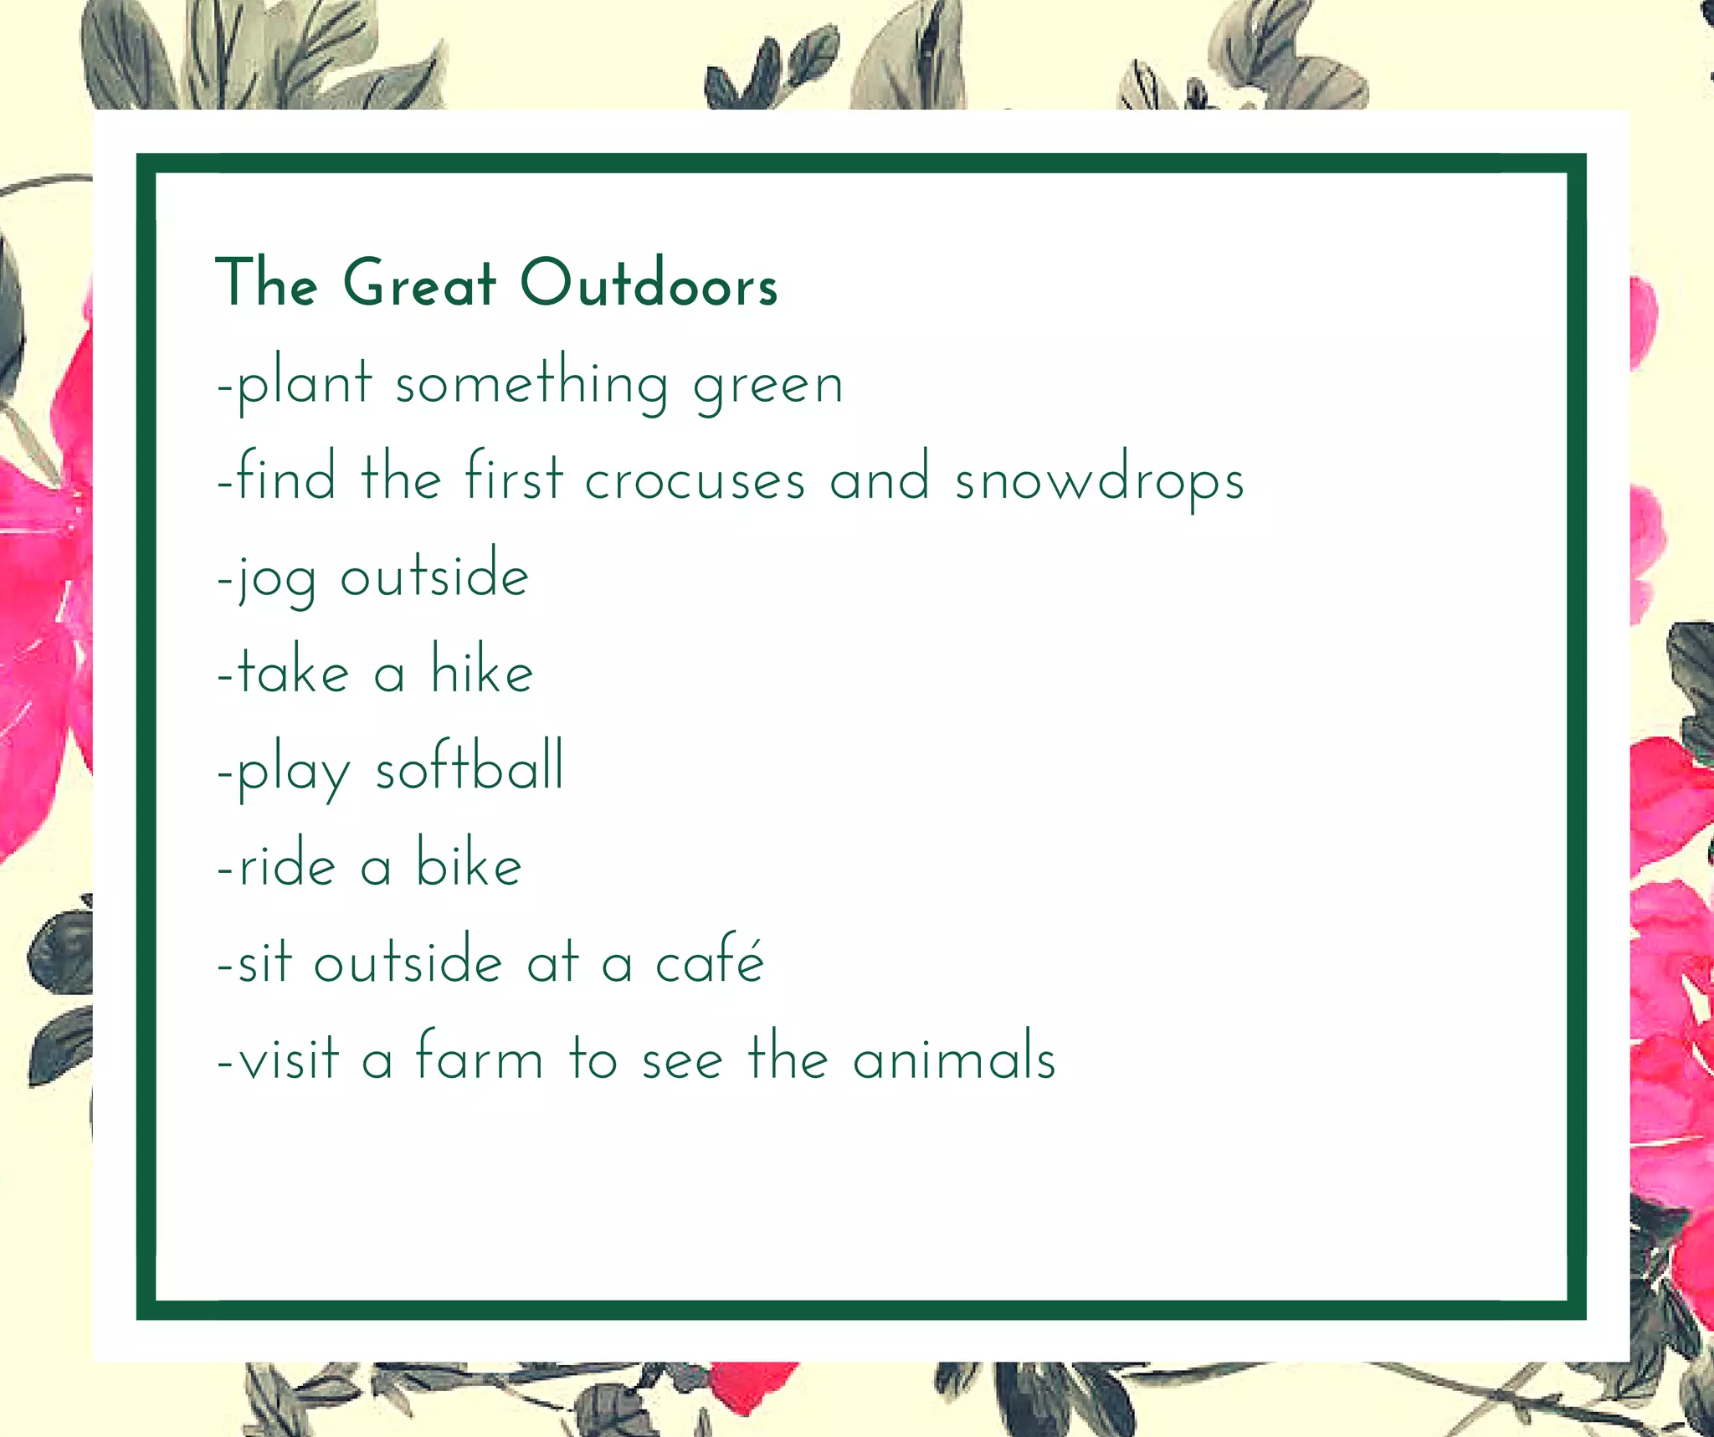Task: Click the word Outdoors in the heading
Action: point(649,283)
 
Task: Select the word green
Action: point(768,385)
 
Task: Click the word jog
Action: point(277,577)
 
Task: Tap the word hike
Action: point(482,671)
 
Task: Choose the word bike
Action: point(470,864)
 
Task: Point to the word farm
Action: point(480,1056)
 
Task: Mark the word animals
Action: point(954,1057)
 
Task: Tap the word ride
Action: point(288,865)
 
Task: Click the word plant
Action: point(305,385)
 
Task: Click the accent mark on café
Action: point(752,939)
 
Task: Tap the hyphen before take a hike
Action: point(224,675)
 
